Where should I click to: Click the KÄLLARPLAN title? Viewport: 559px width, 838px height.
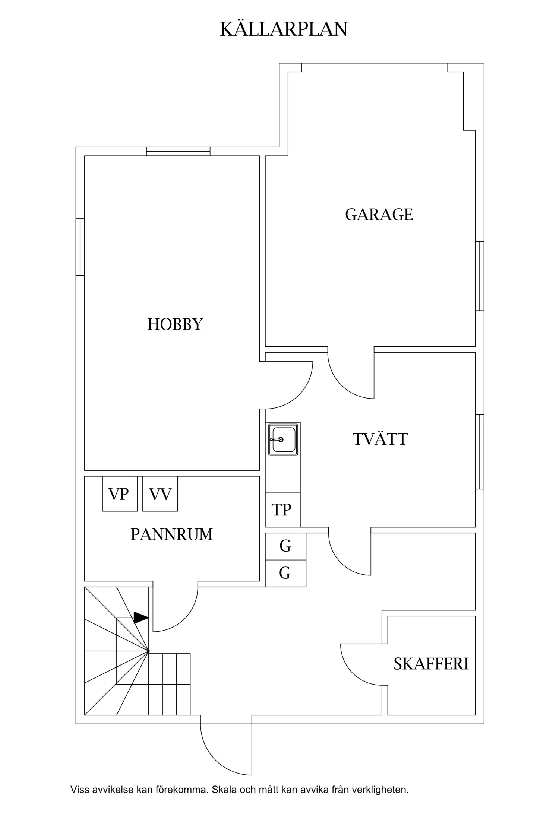(x=284, y=29)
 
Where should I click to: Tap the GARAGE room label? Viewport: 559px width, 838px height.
(x=379, y=215)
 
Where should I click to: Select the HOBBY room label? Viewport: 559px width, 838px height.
(x=175, y=324)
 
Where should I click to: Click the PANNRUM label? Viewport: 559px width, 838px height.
(x=171, y=534)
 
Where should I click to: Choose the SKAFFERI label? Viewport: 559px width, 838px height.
(x=431, y=664)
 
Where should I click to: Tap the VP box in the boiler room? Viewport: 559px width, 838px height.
(x=120, y=494)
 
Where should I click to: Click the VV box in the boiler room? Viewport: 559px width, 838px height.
(x=160, y=494)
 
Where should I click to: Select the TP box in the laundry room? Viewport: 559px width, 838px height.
(x=282, y=510)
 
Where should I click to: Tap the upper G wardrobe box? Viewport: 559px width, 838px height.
(x=285, y=546)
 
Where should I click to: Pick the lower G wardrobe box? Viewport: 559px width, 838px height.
(x=285, y=573)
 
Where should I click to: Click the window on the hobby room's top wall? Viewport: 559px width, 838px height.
(x=178, y=151)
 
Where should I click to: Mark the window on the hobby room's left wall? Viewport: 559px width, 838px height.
(x=80, y=247)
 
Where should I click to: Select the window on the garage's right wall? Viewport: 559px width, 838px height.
(x=480, y=276)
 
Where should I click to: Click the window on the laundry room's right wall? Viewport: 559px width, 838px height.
(x=480, y=451)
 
